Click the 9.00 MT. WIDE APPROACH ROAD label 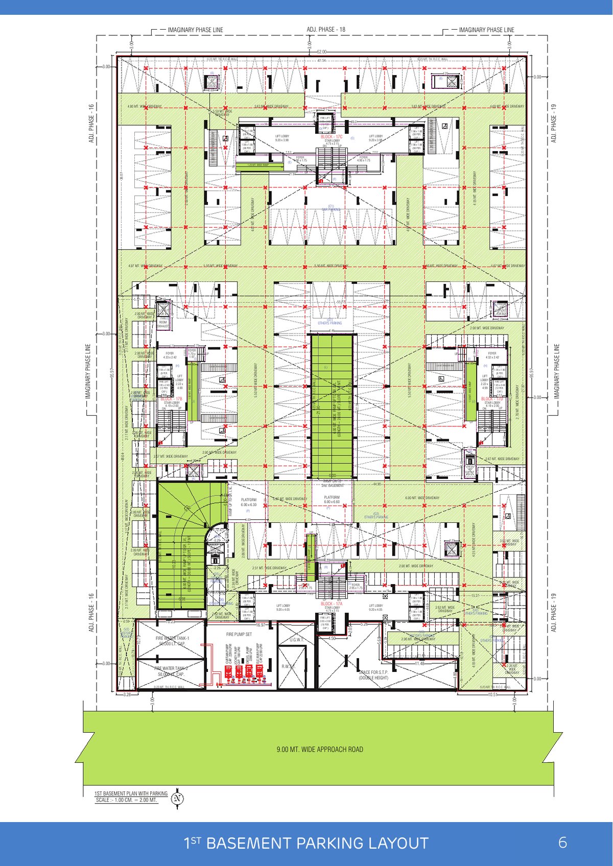pyautogui.click(x=320, y=750)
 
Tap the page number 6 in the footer pyautogui.click(x=562, y=842)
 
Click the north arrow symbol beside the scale pyautogui.click(x=178, y=798)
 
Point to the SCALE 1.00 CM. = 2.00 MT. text pyautogui.click(x=127, y=800)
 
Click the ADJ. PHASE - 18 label pyautogui.click(x=325, y=30)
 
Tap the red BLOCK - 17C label pyautogui.click(x=333, y=137)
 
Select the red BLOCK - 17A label pyautogui.click(x=332, y=604)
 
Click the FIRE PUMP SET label pyautogui.click(x=239, y=634)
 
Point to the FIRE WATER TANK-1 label pyautogui.click(x=172, y=639)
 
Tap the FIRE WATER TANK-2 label pyautogui.click(x=171, y=668)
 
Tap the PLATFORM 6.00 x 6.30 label pyautogui.click(x=249, y=502)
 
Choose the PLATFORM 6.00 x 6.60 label pyautogui.click(x=332, y=499)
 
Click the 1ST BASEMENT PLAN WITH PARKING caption pyautogui.click(x=131, y=793)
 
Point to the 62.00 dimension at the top pyautogui.click(x=321, y=52)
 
